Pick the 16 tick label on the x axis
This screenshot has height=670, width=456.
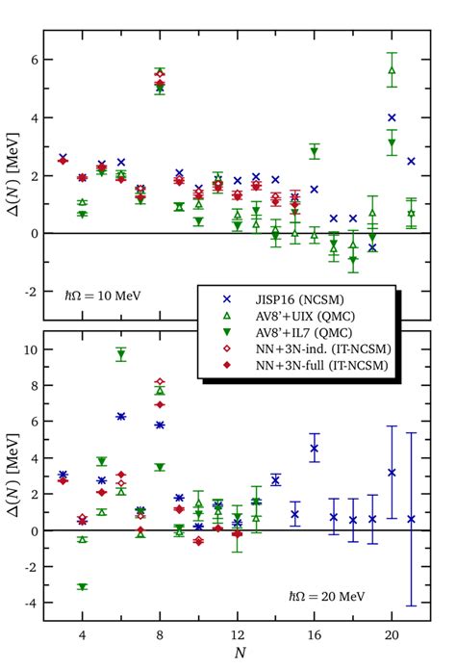[x=314, y=636]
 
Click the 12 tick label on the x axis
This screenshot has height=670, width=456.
[x=237, y=636]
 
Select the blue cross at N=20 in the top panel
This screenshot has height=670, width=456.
[x=392, y=117]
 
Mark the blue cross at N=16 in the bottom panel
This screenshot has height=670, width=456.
[x=314, y=448]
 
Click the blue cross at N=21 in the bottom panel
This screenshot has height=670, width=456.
[x=411, y=519]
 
